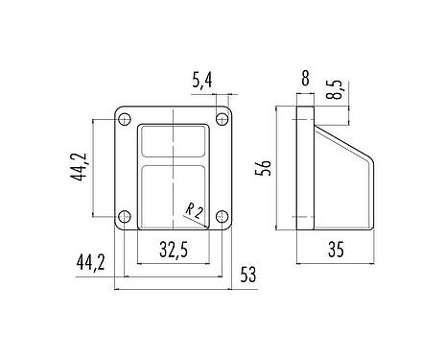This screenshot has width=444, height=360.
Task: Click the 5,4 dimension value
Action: coord(202,83)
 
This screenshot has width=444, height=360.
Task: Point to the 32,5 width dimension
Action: coord(173,252)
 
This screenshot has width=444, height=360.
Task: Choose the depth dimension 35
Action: coord(334,251)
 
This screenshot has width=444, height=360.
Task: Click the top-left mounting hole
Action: coord(123,120)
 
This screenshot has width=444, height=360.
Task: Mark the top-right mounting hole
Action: coord(222,120)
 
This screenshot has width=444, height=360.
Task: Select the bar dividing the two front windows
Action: coord(173,160)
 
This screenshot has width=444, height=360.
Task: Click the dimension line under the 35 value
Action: coord(334,262)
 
